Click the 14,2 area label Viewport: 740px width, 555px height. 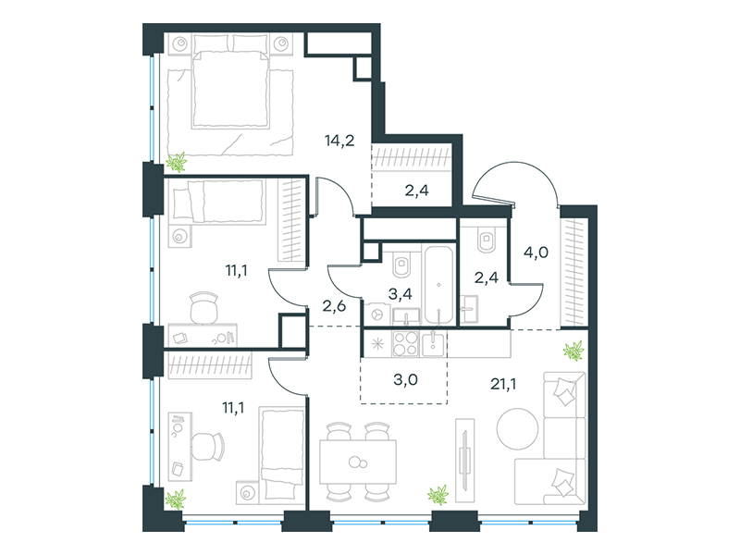(x=339, y=141)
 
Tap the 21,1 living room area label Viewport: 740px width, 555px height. (x=503, y=384)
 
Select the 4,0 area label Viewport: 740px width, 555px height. (x=536, y=253)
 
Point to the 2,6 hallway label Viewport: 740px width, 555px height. (x=334, y=306)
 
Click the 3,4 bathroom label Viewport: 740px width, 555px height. (x=401, y=294)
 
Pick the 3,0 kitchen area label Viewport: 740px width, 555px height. (x=405, y=379)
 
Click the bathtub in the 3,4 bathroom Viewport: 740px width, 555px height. (x=438, y=285)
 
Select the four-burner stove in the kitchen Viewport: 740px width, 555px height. (x=405, y=343)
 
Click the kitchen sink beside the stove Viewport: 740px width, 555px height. (x=433, y=343)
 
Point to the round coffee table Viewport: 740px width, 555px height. (x=517, y=429)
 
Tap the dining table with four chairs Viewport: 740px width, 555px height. (x=358, y=462)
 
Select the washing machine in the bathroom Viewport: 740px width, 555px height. (x=377, y=314)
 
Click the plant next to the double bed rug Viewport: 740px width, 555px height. (x=177, y=163)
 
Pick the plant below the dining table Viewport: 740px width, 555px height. (x=438, y=495)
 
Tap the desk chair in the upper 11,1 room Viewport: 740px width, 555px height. (x=204, y=308)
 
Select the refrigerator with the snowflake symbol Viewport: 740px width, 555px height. (x=377, y=343)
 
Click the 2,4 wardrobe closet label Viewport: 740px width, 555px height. (x=417, y=191)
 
